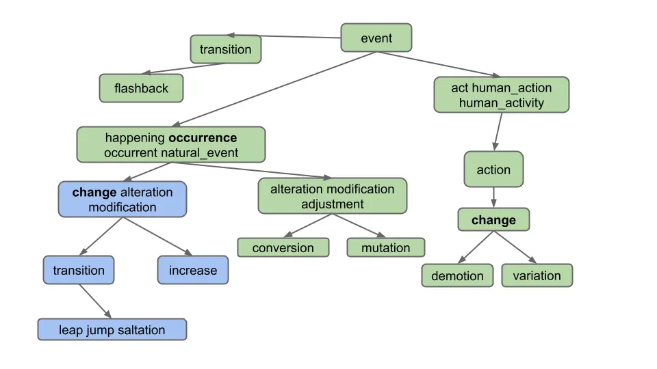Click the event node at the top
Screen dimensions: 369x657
[376, 38]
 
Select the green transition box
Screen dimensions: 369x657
[225, 49]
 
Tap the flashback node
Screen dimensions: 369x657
[141, 88]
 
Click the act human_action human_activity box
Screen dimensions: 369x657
[501, 95]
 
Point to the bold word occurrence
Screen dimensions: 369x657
[203, 137]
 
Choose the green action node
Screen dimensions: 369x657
[493, 169]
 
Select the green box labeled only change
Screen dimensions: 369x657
[493, 220]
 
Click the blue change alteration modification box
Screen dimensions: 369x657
[123, 200]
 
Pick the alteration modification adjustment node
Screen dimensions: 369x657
[332, 196]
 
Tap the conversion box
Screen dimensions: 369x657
[283, 247]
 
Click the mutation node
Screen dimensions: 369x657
[385, 247]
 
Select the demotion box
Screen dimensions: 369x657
[457, 276]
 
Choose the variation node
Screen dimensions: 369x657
[537, 275]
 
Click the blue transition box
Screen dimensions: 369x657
[79, 270]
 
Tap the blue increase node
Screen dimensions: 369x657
[193, 270]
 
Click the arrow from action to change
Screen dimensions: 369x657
[493, 197]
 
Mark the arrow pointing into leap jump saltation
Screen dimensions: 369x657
[96, 302]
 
